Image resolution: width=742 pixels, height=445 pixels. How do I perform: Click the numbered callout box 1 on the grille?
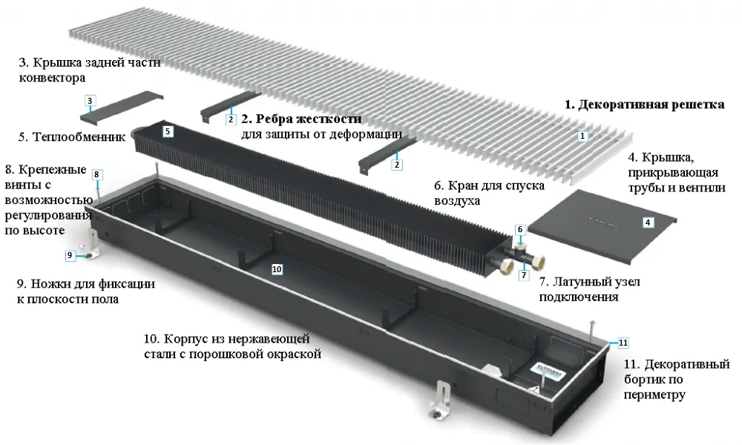pos(583,136)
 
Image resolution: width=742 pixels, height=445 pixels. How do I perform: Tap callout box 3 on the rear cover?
pos(89,100)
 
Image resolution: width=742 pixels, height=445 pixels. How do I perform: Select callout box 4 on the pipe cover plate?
pos(647,222)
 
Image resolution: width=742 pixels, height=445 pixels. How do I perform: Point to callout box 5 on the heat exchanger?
pos(168,131)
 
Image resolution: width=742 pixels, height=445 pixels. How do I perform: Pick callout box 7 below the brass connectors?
pos(524,274)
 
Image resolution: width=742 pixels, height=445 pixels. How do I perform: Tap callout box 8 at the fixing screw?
pos(96,174)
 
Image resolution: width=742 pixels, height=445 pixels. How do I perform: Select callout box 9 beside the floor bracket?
pos(70,255)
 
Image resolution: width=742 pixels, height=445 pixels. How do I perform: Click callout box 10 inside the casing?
pos(276,269)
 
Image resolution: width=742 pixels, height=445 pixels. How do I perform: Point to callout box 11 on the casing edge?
pos(623,343)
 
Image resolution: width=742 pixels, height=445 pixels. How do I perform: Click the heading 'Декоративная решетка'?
pos(644,105)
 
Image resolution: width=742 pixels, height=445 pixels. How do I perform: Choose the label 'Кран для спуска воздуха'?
pos(490,192)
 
